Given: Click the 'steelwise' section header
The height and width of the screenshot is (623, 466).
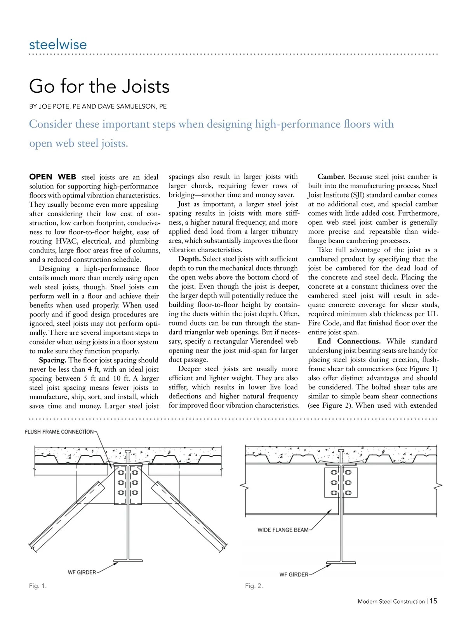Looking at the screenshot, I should click(58, 44).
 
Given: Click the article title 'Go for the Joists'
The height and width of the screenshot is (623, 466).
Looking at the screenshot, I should click(99, 86).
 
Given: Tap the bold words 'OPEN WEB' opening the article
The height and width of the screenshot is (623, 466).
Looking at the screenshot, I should click(53, 177).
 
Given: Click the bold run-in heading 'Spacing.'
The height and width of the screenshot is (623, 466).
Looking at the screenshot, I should click(52, 360).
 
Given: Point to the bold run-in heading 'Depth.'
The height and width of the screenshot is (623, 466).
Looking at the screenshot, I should click(190, 259).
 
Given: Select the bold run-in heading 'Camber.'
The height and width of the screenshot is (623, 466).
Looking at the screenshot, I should click(331, 177).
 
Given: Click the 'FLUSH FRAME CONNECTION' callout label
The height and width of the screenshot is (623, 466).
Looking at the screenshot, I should click(59, 432).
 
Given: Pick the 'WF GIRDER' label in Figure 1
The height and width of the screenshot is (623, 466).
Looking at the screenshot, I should click(82, 572).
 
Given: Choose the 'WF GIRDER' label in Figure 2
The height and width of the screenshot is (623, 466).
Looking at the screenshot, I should click(294, 575).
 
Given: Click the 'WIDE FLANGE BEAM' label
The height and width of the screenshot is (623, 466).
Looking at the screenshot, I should click(283, 530).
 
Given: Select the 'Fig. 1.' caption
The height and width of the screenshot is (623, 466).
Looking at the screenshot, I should click(38, 586).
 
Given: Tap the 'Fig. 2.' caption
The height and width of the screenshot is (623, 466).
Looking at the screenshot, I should click(254, 586).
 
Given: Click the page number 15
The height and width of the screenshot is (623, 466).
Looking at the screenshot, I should click(433, 601).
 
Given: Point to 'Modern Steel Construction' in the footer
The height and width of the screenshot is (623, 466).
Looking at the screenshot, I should click(391, 601).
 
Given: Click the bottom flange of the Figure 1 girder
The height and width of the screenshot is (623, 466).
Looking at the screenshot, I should click(128, 561).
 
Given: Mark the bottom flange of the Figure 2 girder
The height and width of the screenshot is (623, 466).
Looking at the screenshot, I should click(341, 563).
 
